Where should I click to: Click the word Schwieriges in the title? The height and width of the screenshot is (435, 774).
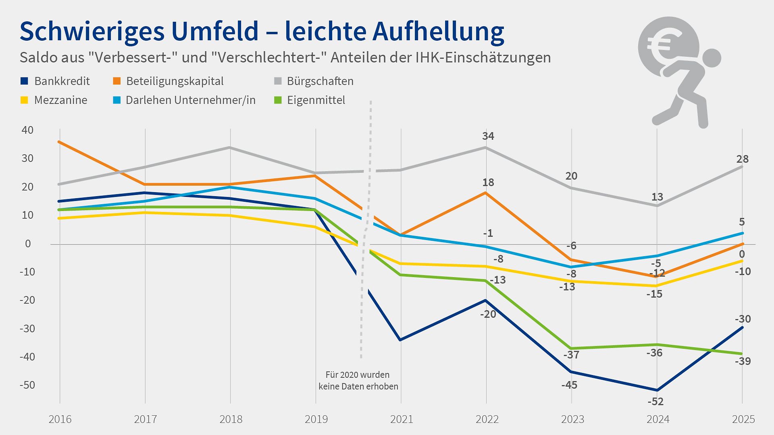(92, 31)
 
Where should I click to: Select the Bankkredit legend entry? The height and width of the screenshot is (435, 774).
(62, 81)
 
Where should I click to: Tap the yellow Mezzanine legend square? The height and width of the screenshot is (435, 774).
(25, 100)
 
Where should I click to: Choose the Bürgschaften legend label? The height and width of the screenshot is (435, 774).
(320, 81)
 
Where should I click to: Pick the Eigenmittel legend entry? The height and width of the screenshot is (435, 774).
(316, 100)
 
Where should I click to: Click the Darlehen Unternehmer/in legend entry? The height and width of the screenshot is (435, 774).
(190, 100)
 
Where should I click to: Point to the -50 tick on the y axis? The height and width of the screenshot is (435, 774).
(27, 385)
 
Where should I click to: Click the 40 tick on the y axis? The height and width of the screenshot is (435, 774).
(27, 130)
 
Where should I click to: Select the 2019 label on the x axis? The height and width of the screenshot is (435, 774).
(316, 420)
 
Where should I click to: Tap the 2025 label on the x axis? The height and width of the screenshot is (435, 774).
(743, 420)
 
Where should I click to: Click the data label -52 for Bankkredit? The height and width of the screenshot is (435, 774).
(655, 402)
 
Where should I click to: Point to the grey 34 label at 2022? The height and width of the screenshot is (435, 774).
(488, 137)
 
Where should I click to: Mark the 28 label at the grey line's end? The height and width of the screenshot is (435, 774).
(742, 159)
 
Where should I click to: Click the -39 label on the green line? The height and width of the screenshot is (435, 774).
(743, 361)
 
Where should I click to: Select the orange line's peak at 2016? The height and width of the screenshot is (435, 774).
(60, 142)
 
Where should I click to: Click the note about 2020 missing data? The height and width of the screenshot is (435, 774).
(358, 381)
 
